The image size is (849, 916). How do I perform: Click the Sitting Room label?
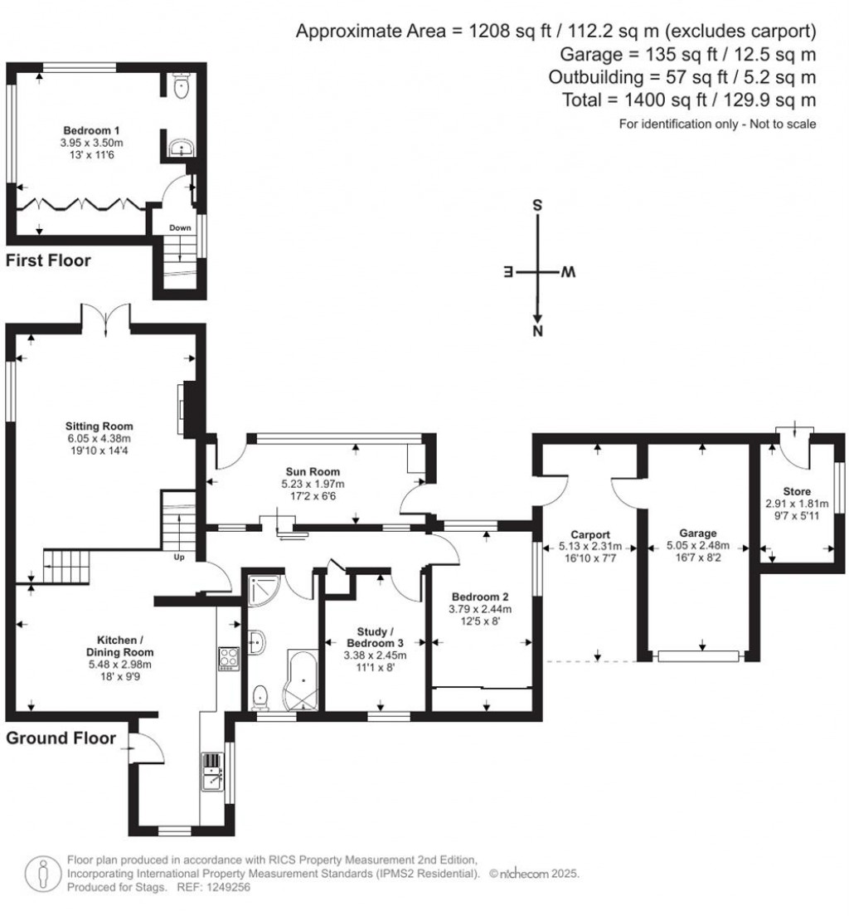click(x=99, y=426)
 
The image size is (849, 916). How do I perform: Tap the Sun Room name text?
click(x=313, y=471)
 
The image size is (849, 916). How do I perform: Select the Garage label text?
click(x=698, y=534)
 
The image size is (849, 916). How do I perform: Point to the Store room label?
click(x=797, y=491)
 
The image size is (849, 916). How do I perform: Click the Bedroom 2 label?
click(x=480, y=597)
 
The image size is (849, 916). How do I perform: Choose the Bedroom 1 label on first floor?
click(x=91, y=130)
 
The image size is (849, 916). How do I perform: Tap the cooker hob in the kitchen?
click(x=229, y=659)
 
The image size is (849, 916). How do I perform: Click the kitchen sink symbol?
click(x=212, y=772)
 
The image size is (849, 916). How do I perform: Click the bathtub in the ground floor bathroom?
click(x=302, y=680)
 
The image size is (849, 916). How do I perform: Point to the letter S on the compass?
click(x=537, y=205)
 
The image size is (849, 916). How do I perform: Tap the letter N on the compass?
click(x=538, y=331)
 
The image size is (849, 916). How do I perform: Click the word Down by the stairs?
click(x=180, y=228)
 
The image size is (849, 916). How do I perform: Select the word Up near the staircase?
click(x=179, y=558)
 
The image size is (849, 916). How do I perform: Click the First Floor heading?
click(x=48, y=261)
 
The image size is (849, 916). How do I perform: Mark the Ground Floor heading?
click(x=61, y=738)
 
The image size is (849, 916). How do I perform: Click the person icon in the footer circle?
click(x=42, y=874)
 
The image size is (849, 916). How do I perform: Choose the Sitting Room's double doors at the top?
click(x=105, y=320)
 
